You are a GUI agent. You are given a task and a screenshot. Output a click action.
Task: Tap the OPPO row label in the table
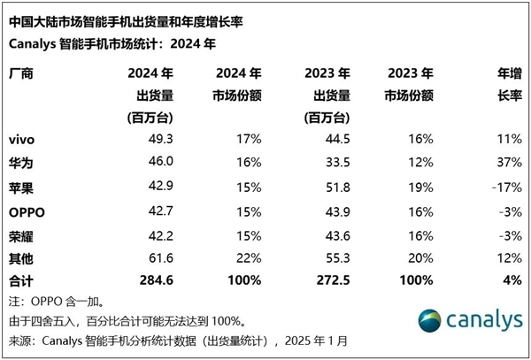27,212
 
